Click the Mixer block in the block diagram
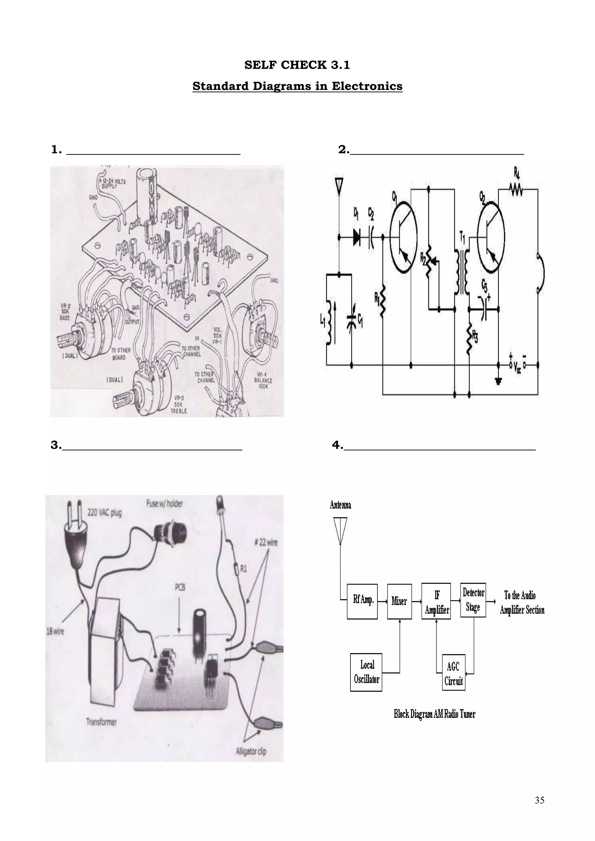click(x=399, y=601)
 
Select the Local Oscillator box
click(x=366, y=672)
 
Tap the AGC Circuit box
click(x=454, y=673)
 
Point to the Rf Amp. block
click(x=362, y=601)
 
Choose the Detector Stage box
click(x=473, y=600)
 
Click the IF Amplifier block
click(x=436, y=601)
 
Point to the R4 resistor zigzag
click(x=516, y=189)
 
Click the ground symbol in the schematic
click(x=498, y=381)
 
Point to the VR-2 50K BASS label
click(x=65, y=312)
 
